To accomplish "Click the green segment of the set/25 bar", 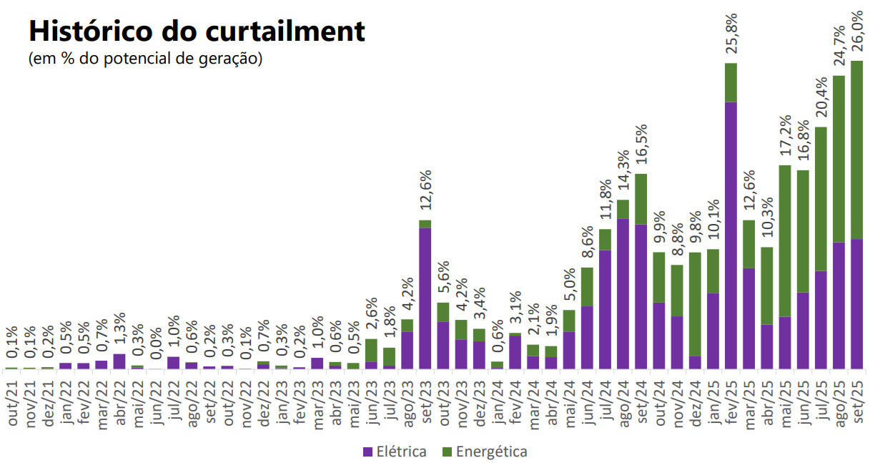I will point(857,150).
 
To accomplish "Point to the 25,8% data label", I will point(731,34).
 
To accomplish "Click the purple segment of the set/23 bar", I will point(425,298).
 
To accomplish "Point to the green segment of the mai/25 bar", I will point(785,240).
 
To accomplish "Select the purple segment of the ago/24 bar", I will point(623,293).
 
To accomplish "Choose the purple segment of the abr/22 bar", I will point(119,361).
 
